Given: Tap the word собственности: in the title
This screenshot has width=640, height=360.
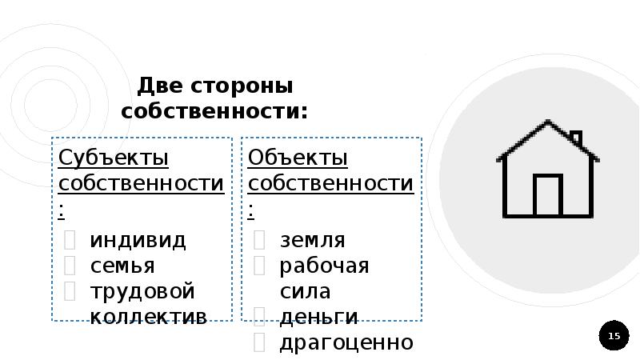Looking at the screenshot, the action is click(214, 111).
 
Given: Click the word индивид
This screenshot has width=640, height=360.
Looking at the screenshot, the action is click(138, 240).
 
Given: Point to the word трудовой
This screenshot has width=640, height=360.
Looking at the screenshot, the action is click(142, 290).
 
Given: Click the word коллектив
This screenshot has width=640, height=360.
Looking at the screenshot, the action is click(148, 316).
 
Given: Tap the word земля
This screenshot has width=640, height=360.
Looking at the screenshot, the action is click(312, 240).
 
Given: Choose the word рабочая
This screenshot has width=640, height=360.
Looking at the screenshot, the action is click(323, 266).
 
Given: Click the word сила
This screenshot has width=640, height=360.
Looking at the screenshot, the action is click(305, 290).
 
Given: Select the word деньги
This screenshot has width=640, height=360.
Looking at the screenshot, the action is click(318, 317).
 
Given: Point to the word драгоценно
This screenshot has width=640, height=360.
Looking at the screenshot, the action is click(346, 343).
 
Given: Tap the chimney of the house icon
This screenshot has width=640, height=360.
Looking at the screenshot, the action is click(575, 139).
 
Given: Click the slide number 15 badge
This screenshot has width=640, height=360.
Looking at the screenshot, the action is click(614, 336).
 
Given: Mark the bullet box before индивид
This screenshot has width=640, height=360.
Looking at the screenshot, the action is click(70, 239).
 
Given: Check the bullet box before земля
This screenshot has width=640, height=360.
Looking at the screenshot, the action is click(259, 239).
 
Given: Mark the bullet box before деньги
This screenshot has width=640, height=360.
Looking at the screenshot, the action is click(259, 316).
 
